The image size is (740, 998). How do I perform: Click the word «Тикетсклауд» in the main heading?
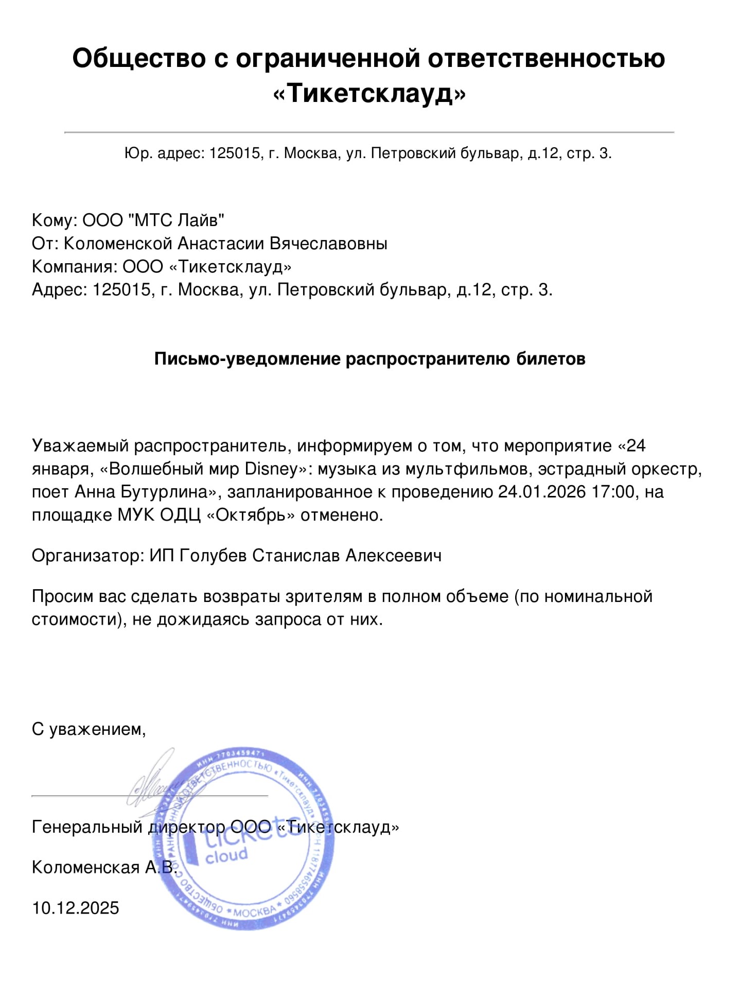369,93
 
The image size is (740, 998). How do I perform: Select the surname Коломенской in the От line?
117,243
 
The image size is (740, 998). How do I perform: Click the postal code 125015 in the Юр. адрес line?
234,153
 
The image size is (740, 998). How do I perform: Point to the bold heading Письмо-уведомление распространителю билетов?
369,358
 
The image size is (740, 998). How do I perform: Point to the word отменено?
342,515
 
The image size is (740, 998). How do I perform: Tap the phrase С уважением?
89,729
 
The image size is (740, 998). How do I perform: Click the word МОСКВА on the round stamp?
255,911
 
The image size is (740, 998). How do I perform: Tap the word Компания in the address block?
74,267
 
